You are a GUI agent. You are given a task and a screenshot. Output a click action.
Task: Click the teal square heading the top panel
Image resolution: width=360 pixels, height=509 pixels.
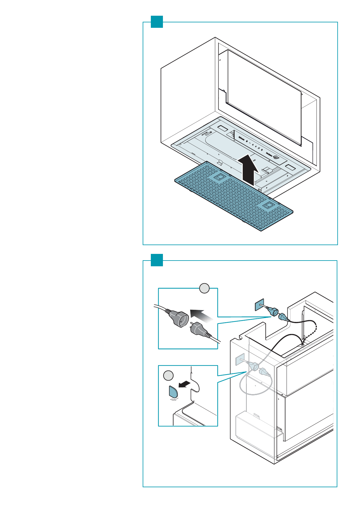(157, 22)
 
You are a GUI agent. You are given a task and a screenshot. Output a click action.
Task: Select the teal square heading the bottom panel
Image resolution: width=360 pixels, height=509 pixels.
(157, 260)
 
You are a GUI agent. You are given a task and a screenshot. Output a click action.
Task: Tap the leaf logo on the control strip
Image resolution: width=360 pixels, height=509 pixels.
(276, 157)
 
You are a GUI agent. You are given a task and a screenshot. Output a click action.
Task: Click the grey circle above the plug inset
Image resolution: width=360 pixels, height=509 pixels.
(205, 288)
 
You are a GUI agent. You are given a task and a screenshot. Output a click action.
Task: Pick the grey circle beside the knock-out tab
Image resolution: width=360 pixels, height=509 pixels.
(168, 376)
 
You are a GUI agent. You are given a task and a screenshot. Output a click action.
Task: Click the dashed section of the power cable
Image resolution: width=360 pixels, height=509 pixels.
(311, 332)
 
